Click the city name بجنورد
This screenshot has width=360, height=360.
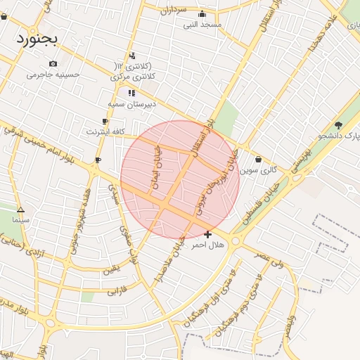[x=39, y=36]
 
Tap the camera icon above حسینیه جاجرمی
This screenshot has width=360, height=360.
[x=53, y=64]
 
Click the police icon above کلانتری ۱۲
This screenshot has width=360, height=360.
[x=132, y=56]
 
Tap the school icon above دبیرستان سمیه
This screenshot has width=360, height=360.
[x=131, y=93]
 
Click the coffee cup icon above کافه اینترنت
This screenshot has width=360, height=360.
[x=105, y=122]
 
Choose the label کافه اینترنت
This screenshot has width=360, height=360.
[x=105, y=131]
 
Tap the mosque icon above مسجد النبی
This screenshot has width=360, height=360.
[x=202, y=14]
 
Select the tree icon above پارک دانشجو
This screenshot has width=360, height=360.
[x=338, y=125]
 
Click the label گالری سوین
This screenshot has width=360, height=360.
[x=258, y=169]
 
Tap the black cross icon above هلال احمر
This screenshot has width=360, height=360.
[x=207, y=234]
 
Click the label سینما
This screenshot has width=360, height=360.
[x=20, y=219]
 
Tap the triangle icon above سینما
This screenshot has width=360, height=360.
[x=20, y=210]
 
